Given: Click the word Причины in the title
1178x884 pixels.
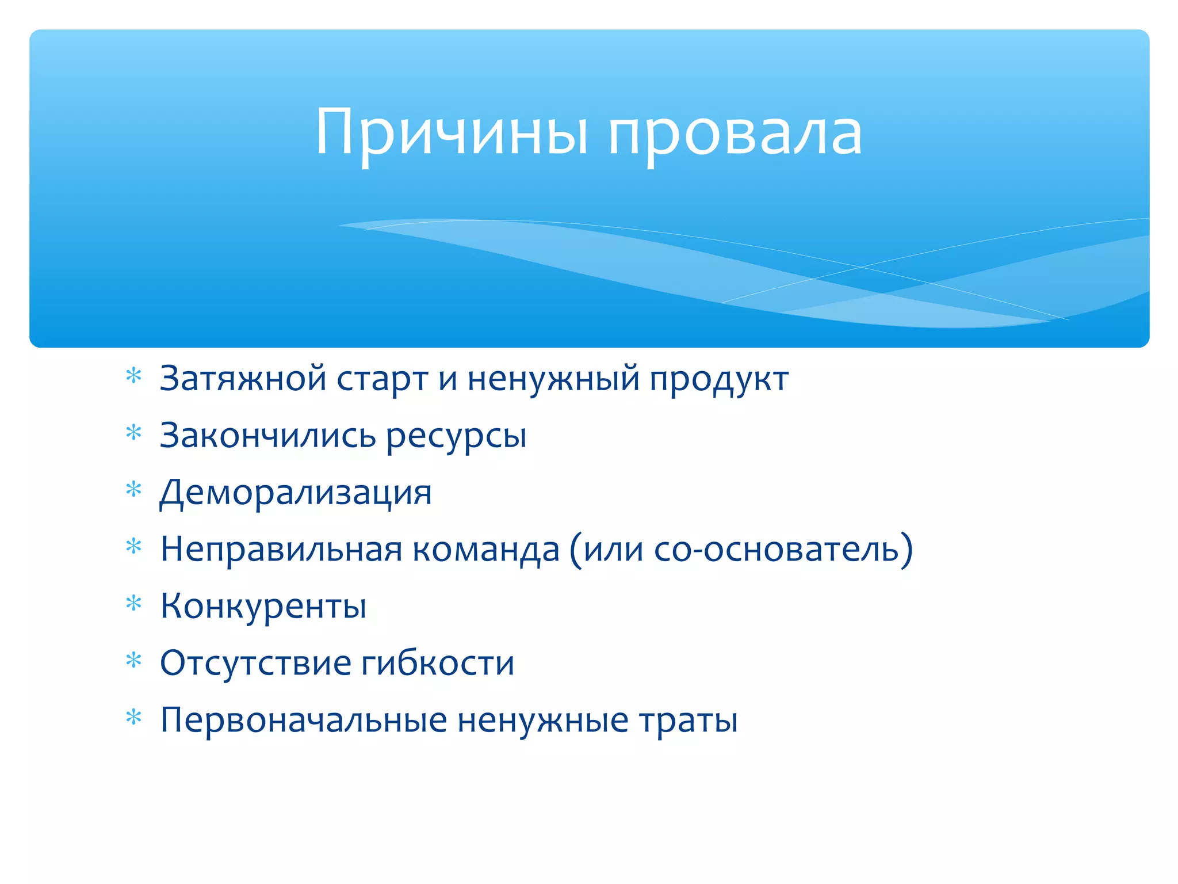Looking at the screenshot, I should (452, 134).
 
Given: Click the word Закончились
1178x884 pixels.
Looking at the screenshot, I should (267, 436).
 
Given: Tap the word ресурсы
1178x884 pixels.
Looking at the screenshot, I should (456, 437).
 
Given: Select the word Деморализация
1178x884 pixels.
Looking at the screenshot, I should (296, 493).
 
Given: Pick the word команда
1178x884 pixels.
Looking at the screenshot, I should (486, 549).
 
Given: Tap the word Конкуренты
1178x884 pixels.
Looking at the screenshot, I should (263, 606).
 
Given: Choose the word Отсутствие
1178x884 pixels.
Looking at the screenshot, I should (255, 663).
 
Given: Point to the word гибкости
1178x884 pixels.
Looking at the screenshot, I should (438, 663).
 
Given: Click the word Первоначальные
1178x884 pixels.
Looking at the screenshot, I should (303, 720).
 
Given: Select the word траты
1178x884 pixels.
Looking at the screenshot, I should (688, 720).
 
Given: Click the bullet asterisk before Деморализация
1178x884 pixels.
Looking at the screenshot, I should (133, 490).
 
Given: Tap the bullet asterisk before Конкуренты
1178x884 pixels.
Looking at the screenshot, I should (133, 603).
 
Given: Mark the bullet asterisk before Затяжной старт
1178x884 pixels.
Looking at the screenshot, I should (133, 376).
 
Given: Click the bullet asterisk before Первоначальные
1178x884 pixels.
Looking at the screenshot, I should (133, 717).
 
